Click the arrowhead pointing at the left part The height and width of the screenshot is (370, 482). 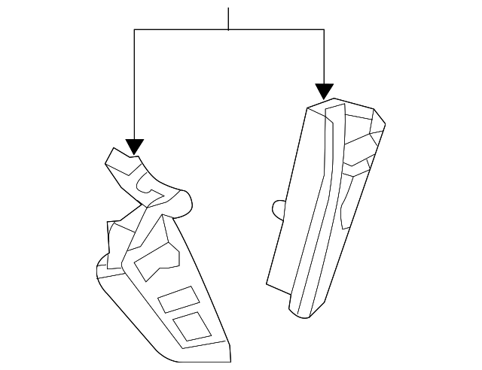(134, 146)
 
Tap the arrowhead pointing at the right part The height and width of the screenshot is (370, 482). (324, 92)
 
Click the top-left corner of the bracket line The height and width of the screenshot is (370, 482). (134, 29)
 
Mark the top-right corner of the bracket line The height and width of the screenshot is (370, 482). (324, 29)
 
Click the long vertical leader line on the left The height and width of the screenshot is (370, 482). (134, 83)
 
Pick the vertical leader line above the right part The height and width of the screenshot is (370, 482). (324, 56)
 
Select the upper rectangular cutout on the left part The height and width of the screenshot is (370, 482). (176, 299)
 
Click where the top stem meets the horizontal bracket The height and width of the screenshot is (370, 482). (228, 29)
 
